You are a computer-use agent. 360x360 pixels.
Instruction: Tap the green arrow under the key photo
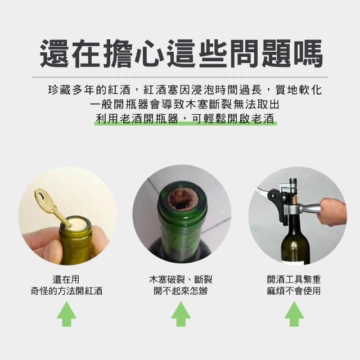click(x=66, y=314)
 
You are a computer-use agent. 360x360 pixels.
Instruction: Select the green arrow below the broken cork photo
click(x=181, y=314)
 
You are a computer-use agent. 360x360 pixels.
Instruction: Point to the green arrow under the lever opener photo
click(x=294, y=314)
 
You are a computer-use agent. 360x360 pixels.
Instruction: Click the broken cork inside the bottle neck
click(x=182, y=200)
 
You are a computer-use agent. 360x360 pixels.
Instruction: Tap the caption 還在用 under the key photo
click(x=66, y=280)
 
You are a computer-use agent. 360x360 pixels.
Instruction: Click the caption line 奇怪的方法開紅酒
click(x=66, y=291)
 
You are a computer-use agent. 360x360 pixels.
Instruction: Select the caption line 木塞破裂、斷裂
click(x=181, y=280)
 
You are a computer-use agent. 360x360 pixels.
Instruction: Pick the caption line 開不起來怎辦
click(x=181, y=291)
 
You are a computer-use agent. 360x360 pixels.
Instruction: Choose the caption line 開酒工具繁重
click(x=294, y=280)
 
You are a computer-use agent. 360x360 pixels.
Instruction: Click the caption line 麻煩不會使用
click(x=294, y=291)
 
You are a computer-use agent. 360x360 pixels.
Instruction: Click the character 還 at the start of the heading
click(x=54, y=54)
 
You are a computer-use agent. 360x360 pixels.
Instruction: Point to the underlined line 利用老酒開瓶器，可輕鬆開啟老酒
click(x=185, y=119)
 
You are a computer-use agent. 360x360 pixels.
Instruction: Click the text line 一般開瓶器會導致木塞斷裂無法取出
click(x=184, y=105)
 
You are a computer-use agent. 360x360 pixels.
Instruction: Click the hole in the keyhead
click(x=41, y=196)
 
